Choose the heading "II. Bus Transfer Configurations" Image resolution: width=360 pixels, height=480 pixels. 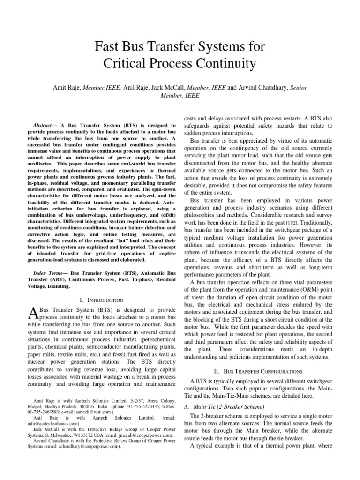click(254, 370)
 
